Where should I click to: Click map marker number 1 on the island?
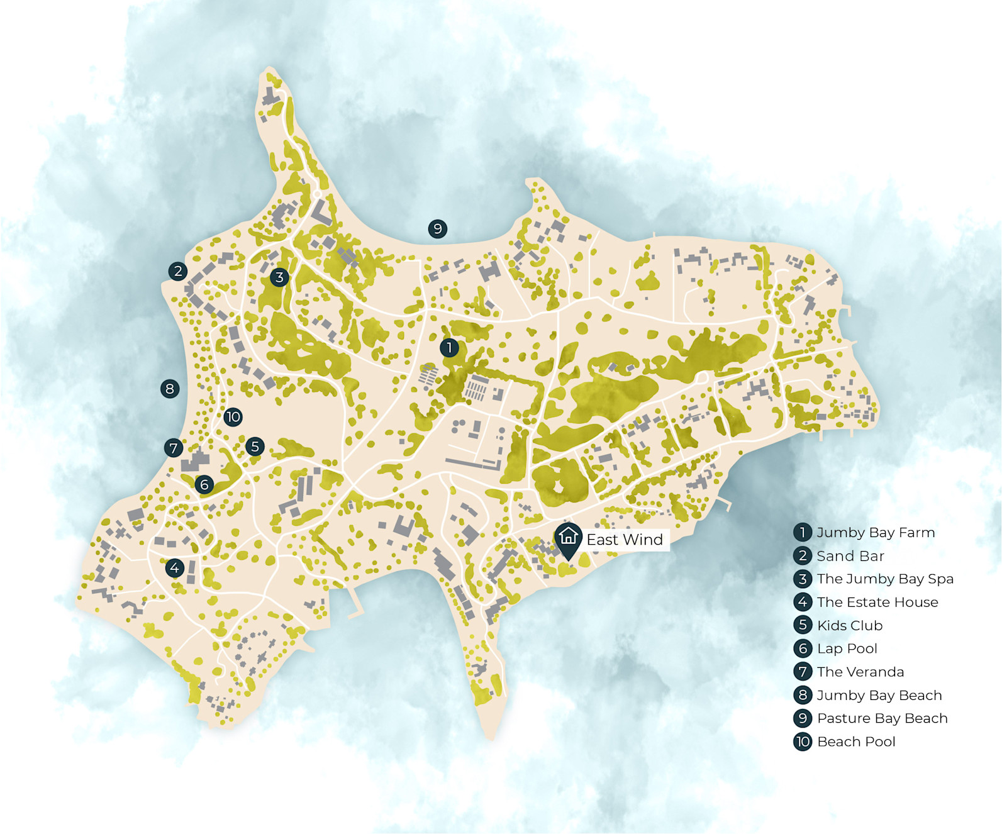[449, 347]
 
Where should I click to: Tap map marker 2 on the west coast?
[178, 271]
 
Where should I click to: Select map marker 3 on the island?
[279, 277]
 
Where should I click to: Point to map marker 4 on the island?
[174, 568]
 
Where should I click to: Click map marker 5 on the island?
[255, 447]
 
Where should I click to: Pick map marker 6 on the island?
[204, 484]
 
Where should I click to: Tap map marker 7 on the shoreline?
[174, 448]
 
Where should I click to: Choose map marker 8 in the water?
[169, 389]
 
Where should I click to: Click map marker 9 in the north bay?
[437, 229]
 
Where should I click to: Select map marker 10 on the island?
[233, 416]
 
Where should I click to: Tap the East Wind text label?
[625, 540]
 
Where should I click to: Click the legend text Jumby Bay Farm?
[876, 533]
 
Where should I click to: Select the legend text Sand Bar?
[850, 556]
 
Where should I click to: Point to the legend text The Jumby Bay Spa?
[885, 579]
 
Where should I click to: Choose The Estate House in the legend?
[877, 603]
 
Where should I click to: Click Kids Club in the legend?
[850, 626]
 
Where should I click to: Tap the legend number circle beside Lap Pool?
[803, 648]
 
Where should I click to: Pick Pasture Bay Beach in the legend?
[882, 718]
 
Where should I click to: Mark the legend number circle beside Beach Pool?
[803, 742]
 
